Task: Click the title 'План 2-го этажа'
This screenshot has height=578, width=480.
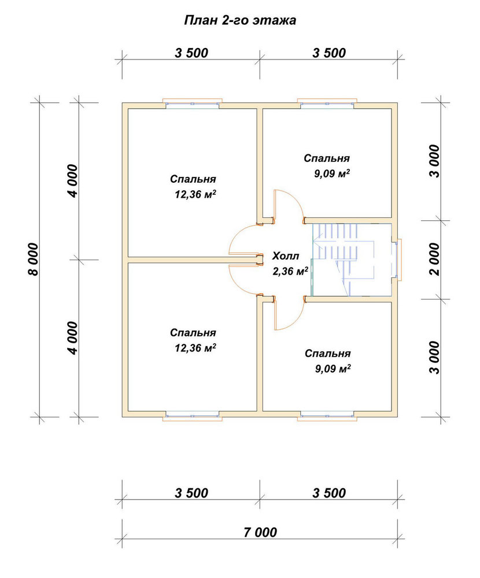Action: (x=240, y=20)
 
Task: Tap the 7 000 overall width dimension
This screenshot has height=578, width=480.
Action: (x=260, y=532)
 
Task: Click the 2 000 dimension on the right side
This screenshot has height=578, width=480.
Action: (x=435, y=259)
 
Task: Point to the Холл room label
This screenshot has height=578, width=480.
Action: (x=286, y=256)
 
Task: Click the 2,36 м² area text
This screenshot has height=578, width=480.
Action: (x=290, y=271)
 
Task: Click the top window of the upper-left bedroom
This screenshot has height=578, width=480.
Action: (x=192, y=103)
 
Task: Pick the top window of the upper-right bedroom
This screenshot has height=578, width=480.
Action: (x=327, y=103)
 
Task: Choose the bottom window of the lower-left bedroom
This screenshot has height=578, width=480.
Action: (x=192, y=416)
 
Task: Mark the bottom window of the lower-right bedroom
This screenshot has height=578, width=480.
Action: (x=327, y=416)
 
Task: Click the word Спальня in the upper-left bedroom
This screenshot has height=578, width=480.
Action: (x=193, y=179)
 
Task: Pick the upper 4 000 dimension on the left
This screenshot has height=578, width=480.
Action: (x=73, y=181)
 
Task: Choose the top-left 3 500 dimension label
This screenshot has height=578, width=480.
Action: (x=191, y=53)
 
